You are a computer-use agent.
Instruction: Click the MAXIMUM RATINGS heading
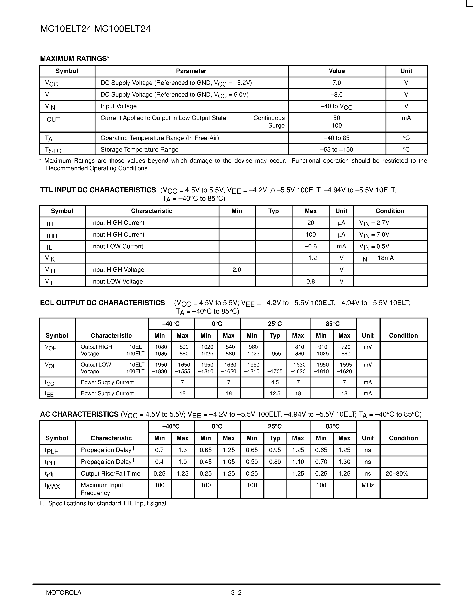pyautogui.click(x=75, y=59)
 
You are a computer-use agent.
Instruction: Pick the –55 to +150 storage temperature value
pyautogui.click(x=337, y=150)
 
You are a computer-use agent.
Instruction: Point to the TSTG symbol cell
pyautogui.click(x=53, y=150)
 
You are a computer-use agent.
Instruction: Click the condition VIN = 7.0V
pyautogui.click(x=374, y=235)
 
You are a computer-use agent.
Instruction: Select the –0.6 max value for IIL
pyautogui.click(x=311, y=246)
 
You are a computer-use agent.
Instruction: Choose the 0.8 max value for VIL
pyautogui.click(x=311, y=281)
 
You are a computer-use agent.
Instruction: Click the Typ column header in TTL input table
pyautogui.click(x=274, y=211)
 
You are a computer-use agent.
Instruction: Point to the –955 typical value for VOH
pyautogui.click(x=275, y=354)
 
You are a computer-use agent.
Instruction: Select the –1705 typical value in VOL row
pyautogui.click(x=275, y=372)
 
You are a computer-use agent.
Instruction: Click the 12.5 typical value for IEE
pyautogui.click(x=275, y=393)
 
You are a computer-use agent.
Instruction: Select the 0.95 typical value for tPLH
pyautogui.click(x=275, y=450)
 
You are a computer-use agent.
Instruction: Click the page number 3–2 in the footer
pyautogui.click(x=236, y=592)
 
